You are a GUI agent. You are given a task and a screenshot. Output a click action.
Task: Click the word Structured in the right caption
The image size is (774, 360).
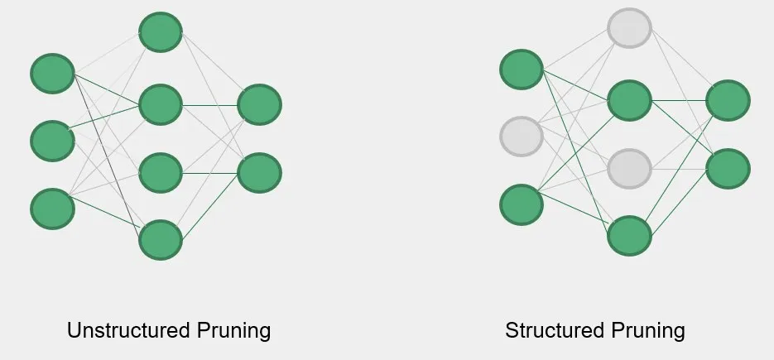(x=555, y=330)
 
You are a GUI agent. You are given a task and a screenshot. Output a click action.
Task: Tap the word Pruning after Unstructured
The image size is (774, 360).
(x=233, y=331)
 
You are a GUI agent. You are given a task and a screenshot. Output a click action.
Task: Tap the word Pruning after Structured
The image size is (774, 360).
(x=648, y=331)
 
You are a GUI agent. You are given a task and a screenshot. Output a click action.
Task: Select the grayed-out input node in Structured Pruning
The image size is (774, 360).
(x=522, y=137)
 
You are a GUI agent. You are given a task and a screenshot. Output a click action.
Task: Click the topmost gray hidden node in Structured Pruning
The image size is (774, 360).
(x=629, y=28)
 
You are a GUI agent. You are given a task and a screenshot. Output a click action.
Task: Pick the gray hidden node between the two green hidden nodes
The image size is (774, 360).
(x=629, y=169)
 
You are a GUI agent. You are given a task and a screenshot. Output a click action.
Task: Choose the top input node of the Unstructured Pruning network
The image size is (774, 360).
(x=52, y=74)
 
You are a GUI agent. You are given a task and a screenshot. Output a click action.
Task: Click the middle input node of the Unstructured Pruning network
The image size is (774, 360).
(x=52, y=141)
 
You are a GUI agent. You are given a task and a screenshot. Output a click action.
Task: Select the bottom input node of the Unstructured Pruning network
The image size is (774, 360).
(x=52, y=209)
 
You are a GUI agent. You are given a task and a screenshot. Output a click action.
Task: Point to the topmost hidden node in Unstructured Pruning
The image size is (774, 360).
(x=161, y=32)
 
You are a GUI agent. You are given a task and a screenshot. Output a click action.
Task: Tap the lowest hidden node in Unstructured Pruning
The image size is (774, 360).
(x=161, y=240)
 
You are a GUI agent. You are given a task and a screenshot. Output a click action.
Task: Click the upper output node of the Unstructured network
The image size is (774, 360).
(x=260, y=105)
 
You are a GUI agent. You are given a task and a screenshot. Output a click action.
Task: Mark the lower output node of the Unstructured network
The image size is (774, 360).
(x=260, y=173)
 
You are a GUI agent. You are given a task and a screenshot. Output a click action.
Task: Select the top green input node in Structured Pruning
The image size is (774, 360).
(x=522, y=70)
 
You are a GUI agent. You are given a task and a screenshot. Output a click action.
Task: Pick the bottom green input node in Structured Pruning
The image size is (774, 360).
(x=522, y=204)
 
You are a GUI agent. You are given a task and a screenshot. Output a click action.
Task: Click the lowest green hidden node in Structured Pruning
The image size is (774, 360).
(x=629, y=236)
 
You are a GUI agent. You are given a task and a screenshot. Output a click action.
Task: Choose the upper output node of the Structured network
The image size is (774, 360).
(x=728, y=100)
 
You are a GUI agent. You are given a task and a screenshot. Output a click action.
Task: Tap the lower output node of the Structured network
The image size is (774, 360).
(x=728, y=168)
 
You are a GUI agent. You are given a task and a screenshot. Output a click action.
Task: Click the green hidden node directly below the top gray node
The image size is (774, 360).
(x=629, y=100)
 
